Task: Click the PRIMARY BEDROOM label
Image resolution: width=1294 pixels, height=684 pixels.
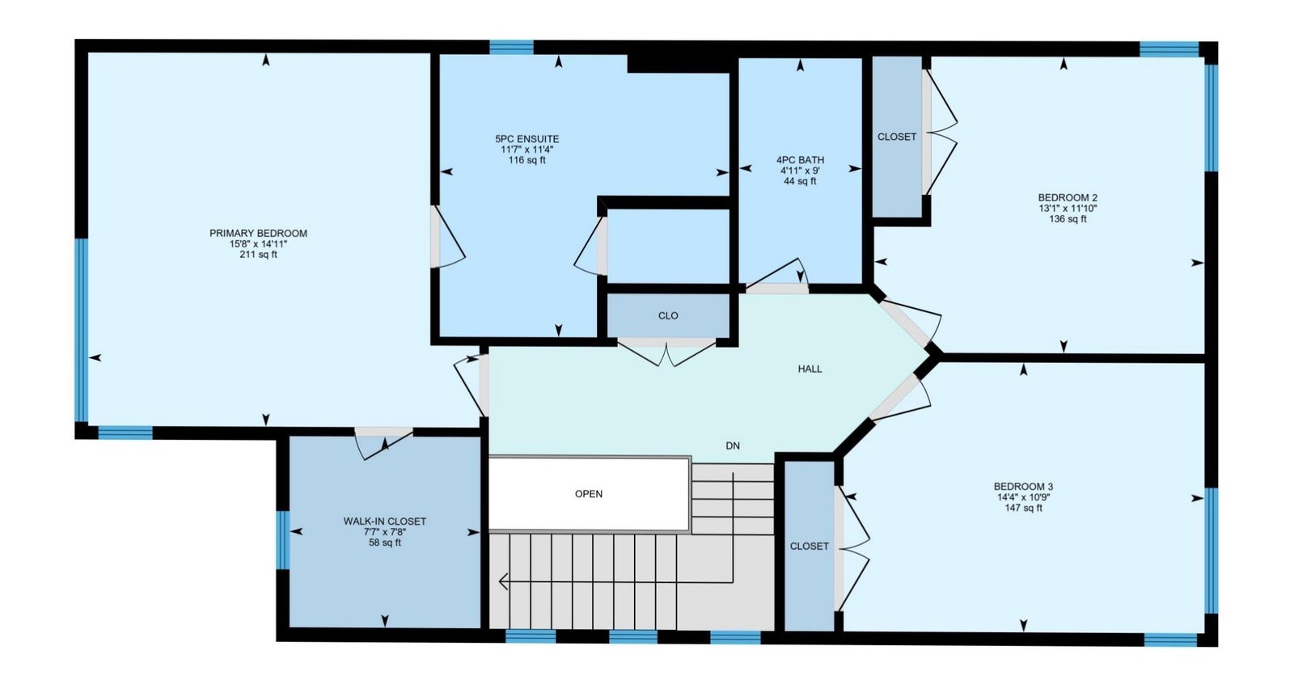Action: pyautogui.click(x=258, y=234)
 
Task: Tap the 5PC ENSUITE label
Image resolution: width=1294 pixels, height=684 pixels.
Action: pyautogui.click(x=526, y=139)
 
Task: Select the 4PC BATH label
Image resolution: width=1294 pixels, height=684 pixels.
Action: pyautogui.click(x=800, y=160)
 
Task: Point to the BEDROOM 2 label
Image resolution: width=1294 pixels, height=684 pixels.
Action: pyautogui.click(x=1068, y=198)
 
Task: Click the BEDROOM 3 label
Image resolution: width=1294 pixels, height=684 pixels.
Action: pyautogui.click(x=1023, y=487)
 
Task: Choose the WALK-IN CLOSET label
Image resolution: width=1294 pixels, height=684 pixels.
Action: pyautogui.click(x=385, y=521)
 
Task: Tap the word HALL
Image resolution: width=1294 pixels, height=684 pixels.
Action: pyautogui.click(x=810, y=369)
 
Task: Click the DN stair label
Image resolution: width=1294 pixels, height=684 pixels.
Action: pyautogui.click(x=733, y=446)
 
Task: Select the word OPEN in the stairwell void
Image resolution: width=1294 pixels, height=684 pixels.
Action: pyautogui.click(x=589, y=494)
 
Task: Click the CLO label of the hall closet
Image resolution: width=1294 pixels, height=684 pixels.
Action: pyautogui.click(x=668, y=316)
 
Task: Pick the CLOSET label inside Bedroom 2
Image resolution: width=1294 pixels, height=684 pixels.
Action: pyautogui.click(x=897, y=137)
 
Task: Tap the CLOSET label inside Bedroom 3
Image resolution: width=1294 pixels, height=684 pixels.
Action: pyautogui.click(x=810, y=547)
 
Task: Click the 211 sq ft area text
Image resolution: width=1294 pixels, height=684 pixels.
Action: pyautogui.click(x=258, y=254)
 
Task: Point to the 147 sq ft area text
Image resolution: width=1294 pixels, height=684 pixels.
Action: pyautogui.click(x=1023, y=509)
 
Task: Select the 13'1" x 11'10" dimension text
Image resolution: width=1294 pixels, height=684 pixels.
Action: pyautogui.click(x=1068, y=209)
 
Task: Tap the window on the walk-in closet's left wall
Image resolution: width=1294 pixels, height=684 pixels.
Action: pyautogui.click(x=282, y=540)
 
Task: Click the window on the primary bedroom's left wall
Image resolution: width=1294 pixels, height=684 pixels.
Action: pyautogui.click(x=82, y=331)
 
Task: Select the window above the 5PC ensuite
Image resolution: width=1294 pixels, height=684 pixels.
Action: pyautogui.click(x=511, y=48)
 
